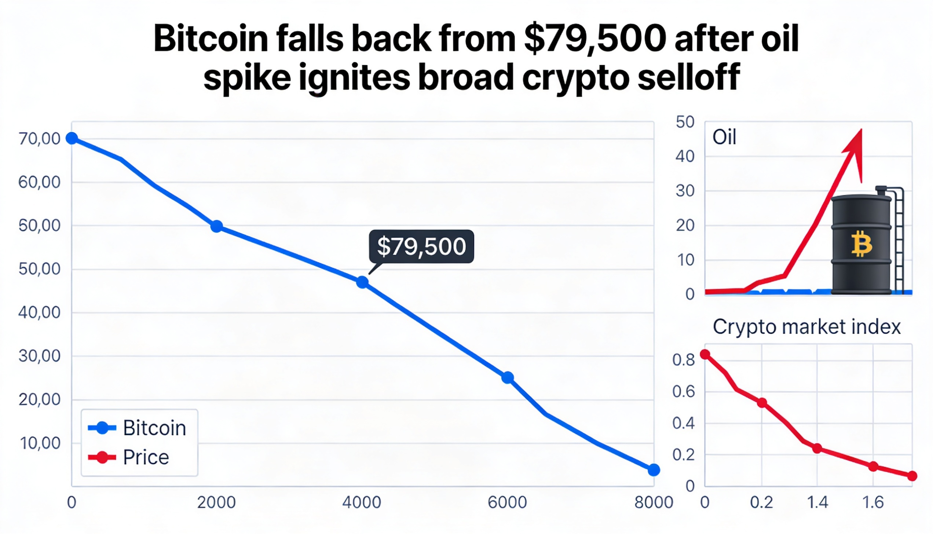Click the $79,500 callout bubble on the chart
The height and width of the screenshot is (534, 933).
click(x=421, y=246)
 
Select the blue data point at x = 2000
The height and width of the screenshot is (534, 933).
click(x=216, y=226)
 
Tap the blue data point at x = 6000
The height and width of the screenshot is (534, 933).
click(x=507, y=377)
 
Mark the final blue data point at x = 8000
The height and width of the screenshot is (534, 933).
click(x=654, y=470)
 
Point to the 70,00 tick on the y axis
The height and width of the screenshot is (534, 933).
click(x=39, y=139)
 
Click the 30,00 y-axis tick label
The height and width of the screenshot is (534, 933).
click(x=39, y=356)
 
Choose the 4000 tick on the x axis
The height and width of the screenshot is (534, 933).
click(x=362, y=502)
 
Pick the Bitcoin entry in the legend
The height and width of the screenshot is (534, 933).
click(x=154, y=428)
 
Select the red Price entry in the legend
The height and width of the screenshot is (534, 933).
click(x=146, y=457)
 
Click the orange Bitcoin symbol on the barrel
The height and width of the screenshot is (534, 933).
click(x=861, y=244)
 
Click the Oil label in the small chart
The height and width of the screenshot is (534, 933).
click(x=724, y=138)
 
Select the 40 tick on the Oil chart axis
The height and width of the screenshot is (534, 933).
click(x=685, y=157)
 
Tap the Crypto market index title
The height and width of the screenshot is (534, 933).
click(x=806, y=326)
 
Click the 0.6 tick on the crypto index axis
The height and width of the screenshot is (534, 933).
click(x=683, y=392)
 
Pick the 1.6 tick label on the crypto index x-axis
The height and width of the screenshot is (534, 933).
click(x=873, y=502)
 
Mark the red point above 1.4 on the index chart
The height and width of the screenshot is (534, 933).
click(x=817, y=449)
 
